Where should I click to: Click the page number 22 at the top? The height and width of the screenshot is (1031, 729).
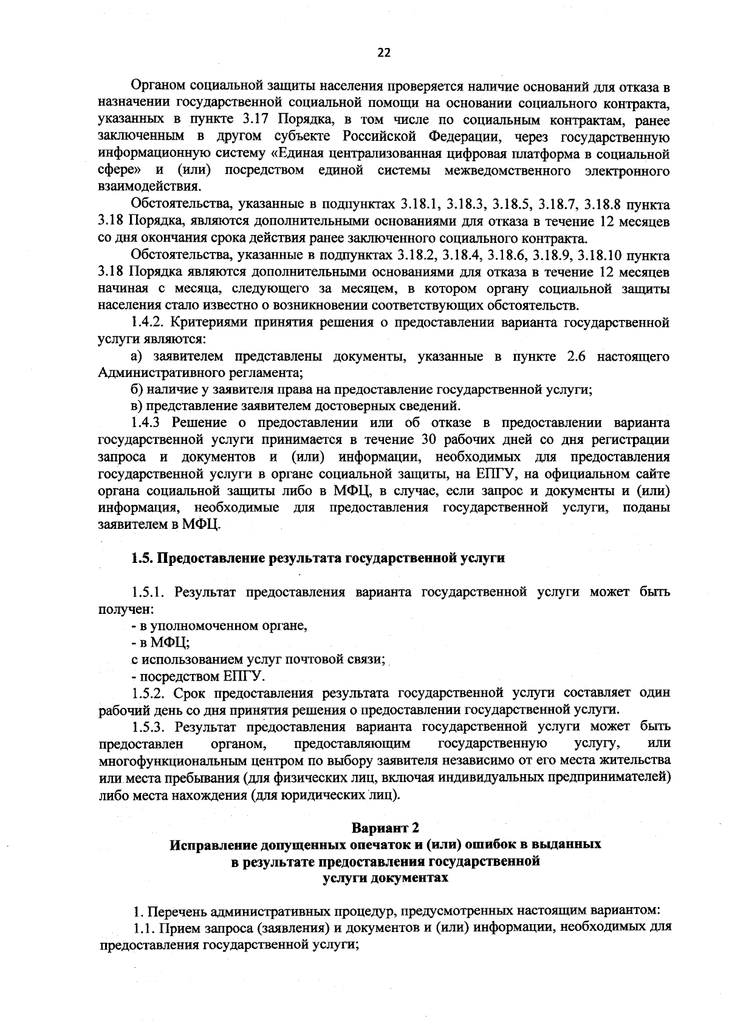click(384, 53)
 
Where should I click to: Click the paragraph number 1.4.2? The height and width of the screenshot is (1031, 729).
click(148, 322)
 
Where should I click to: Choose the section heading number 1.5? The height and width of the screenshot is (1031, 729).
click(143, 558)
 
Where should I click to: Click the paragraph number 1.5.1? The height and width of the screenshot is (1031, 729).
click(148, 592)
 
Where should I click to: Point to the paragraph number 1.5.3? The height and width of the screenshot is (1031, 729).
click(148, 726)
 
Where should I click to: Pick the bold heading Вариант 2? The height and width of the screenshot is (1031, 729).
click(385, 828)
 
